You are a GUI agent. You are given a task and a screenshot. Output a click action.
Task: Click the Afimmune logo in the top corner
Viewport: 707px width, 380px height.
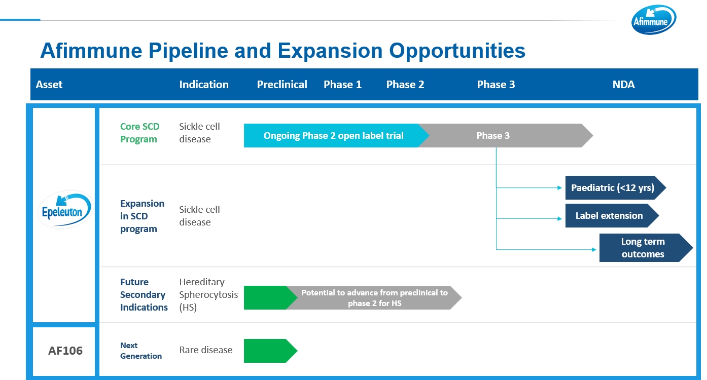coord(653,20)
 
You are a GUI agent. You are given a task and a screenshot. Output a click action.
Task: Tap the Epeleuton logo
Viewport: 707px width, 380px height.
coord(65,209)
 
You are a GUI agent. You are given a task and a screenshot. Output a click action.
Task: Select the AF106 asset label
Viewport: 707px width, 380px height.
coord(65,351)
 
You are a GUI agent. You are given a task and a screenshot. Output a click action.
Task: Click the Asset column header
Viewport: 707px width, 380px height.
coord(49,85)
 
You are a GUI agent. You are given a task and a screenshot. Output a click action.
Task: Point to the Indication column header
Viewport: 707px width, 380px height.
coord(204,85)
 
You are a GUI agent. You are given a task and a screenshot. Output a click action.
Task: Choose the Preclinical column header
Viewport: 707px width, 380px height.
coord(282,85)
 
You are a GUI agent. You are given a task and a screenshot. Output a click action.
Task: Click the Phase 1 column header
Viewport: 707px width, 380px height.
coord(342,85)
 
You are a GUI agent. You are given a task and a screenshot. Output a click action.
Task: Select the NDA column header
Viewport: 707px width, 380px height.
coord(623,85)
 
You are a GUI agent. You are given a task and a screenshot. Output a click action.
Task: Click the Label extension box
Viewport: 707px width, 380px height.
coord(612,216)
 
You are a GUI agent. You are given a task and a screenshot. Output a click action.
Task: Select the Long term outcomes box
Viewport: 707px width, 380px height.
coord(646,248)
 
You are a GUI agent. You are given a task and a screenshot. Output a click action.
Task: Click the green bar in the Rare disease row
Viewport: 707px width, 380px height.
coord(270,351)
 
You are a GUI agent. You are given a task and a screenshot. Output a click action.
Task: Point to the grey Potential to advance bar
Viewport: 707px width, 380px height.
coord(374,298)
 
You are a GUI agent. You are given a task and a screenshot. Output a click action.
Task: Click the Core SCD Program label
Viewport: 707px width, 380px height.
coord(139,133)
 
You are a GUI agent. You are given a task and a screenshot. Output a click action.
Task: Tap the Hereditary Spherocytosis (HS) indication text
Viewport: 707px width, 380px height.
coord(208,294)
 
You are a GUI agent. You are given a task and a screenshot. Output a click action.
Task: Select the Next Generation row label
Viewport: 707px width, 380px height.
coord(141,351)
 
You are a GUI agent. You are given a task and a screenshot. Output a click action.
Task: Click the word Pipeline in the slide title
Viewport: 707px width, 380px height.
coord(188,51)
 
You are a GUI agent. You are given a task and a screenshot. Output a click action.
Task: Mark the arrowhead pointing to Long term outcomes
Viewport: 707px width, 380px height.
coord(594,249)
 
